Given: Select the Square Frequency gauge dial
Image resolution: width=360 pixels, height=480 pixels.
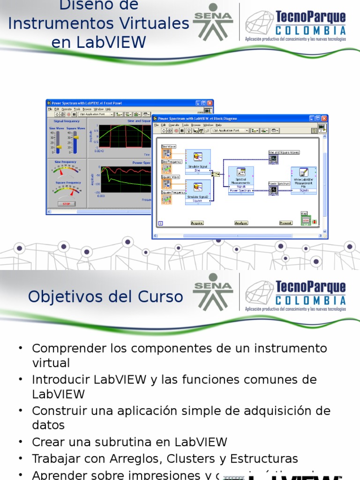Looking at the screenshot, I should click(67, 191).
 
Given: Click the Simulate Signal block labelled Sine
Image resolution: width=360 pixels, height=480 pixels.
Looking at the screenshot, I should click(197, 161).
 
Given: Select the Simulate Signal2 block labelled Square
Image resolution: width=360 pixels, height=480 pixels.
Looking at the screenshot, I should click(197, 192).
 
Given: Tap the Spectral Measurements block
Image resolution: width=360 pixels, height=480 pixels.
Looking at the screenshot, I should click(241, 180).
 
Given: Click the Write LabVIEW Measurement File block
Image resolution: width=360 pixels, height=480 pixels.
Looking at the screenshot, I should click(304, 180).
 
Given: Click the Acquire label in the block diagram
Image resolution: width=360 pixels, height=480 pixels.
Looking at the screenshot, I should click(197, 223).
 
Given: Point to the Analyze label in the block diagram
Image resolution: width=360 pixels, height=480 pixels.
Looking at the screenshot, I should click(241, 223).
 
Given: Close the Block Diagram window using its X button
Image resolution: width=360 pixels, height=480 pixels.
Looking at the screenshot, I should click(324, 119).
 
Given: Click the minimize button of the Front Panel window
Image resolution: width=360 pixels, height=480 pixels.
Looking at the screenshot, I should click(198, 103).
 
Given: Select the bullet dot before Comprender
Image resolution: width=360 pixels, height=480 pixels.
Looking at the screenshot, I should click(20, 348).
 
